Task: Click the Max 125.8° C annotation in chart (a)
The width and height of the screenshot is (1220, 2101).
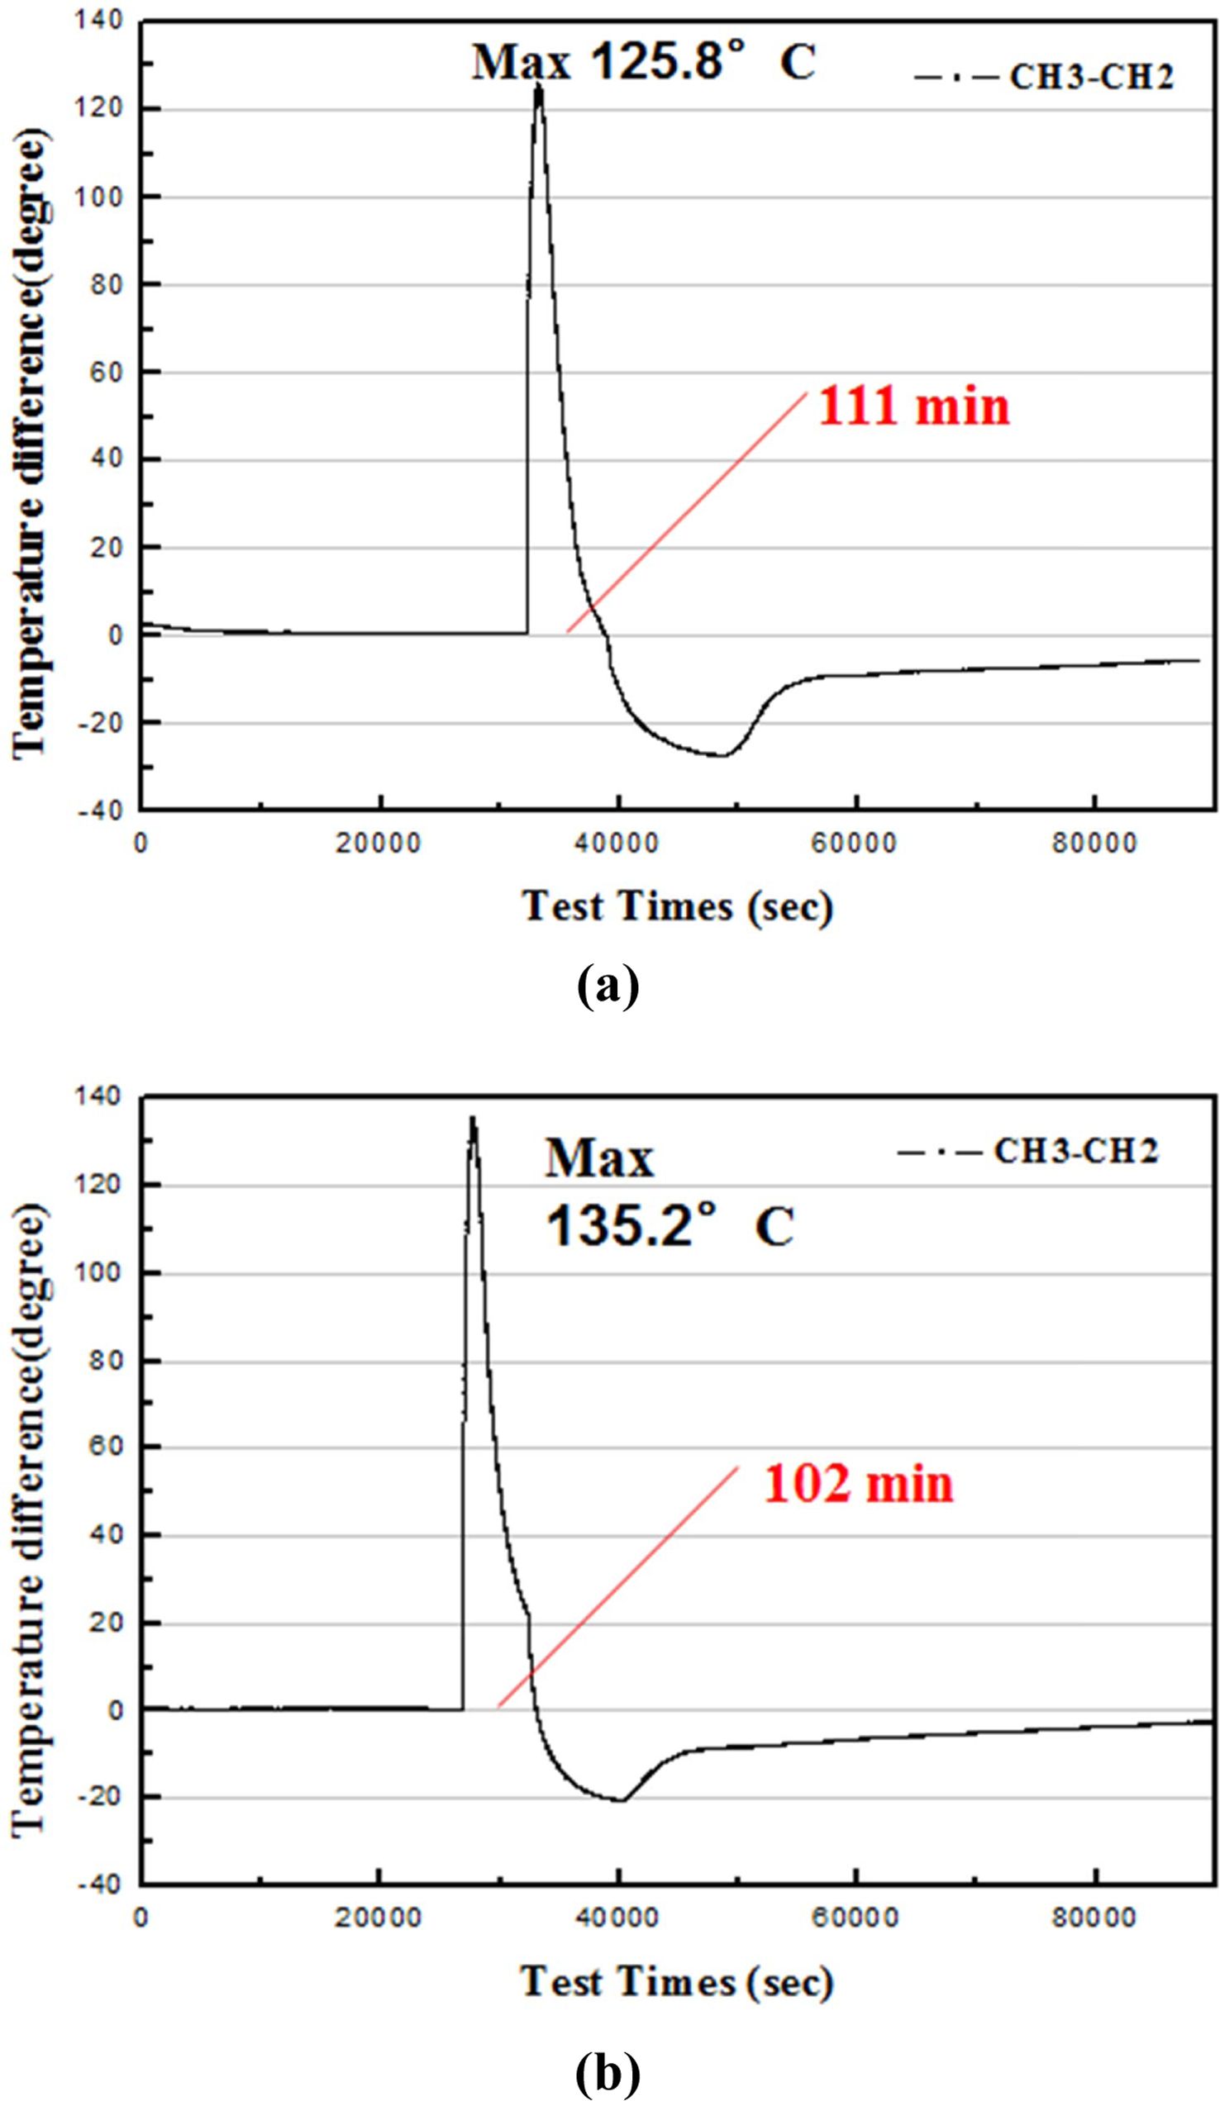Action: [x=643, y=63]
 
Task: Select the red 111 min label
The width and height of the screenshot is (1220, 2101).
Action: [x=913, y=407]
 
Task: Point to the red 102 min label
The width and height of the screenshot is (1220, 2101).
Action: [x=858, y=1485]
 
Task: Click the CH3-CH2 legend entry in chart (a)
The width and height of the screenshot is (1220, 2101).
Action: [x=1091, y=78]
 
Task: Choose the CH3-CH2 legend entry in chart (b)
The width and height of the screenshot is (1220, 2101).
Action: [x=1075, y=1152]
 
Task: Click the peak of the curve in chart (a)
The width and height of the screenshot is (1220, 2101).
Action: [x=539, y=86]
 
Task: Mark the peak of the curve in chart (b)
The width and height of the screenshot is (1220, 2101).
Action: [x=473, y=1119]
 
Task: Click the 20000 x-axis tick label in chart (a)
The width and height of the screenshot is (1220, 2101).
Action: [x=379, y=844]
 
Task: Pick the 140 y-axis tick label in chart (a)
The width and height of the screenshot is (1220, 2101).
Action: [x=99, y=20]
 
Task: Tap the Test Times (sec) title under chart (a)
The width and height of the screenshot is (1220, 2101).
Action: [x=676, y=906]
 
